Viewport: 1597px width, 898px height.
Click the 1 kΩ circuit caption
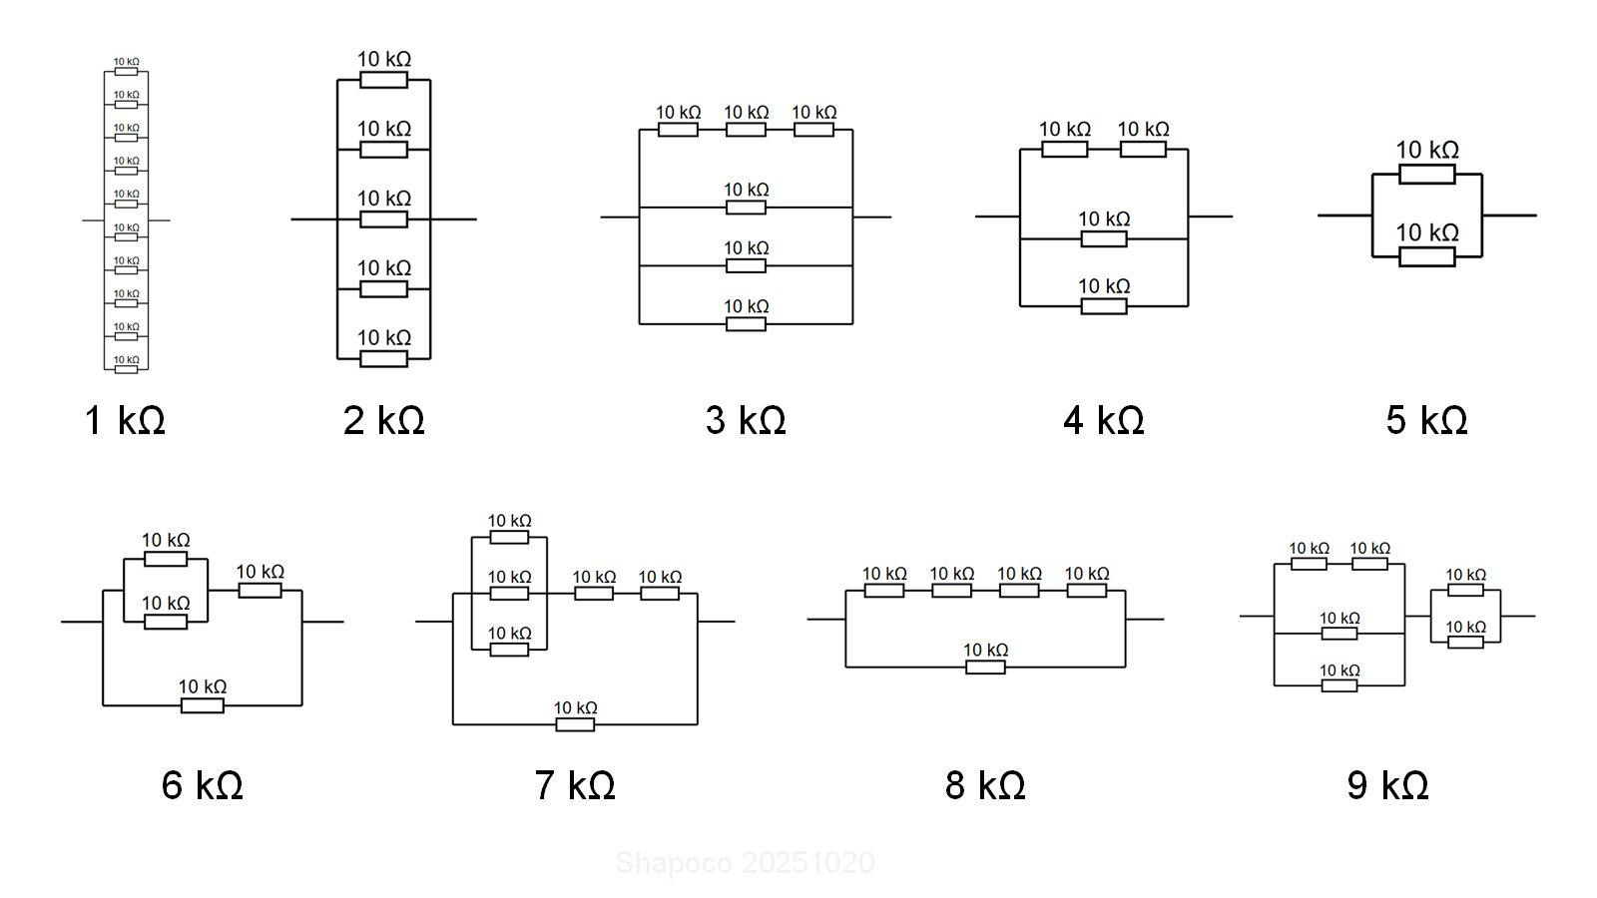(x=125, y=420)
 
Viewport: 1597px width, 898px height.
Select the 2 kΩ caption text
(x=383, y=420)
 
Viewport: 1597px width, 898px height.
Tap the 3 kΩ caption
(x=746, y=420)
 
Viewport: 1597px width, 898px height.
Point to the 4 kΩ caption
(x=1103, y=420)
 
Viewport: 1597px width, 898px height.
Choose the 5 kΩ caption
(x=1426, y=420)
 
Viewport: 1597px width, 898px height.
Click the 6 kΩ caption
(x=202, y=785)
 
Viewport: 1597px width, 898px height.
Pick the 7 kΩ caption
(x=575, y=785)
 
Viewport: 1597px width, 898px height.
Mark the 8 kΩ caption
(x=985, y=785)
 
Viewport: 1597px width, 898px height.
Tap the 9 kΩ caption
(x=1387, y=785)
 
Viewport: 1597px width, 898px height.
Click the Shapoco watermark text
(x=745, y=863)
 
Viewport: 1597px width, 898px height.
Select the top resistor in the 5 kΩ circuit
(x=1426, y=175)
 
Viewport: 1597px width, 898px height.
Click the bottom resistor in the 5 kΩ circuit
(x=1426, y=256)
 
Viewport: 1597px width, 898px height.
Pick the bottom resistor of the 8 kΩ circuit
(x=985, y=667)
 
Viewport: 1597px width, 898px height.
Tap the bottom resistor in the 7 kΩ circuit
(x=575, y=724)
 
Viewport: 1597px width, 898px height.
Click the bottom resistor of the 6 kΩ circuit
(x=202, y=705)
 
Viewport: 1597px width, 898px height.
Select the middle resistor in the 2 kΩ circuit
(x=383, y=220)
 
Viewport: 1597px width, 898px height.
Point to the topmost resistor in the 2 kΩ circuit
(x=383, y=80)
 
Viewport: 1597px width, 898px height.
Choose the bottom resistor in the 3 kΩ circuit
(x=746, y=323)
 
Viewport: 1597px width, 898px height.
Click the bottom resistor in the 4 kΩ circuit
(x=1104, y=305)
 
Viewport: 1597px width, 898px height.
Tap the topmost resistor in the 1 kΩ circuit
(x=126, y=72)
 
